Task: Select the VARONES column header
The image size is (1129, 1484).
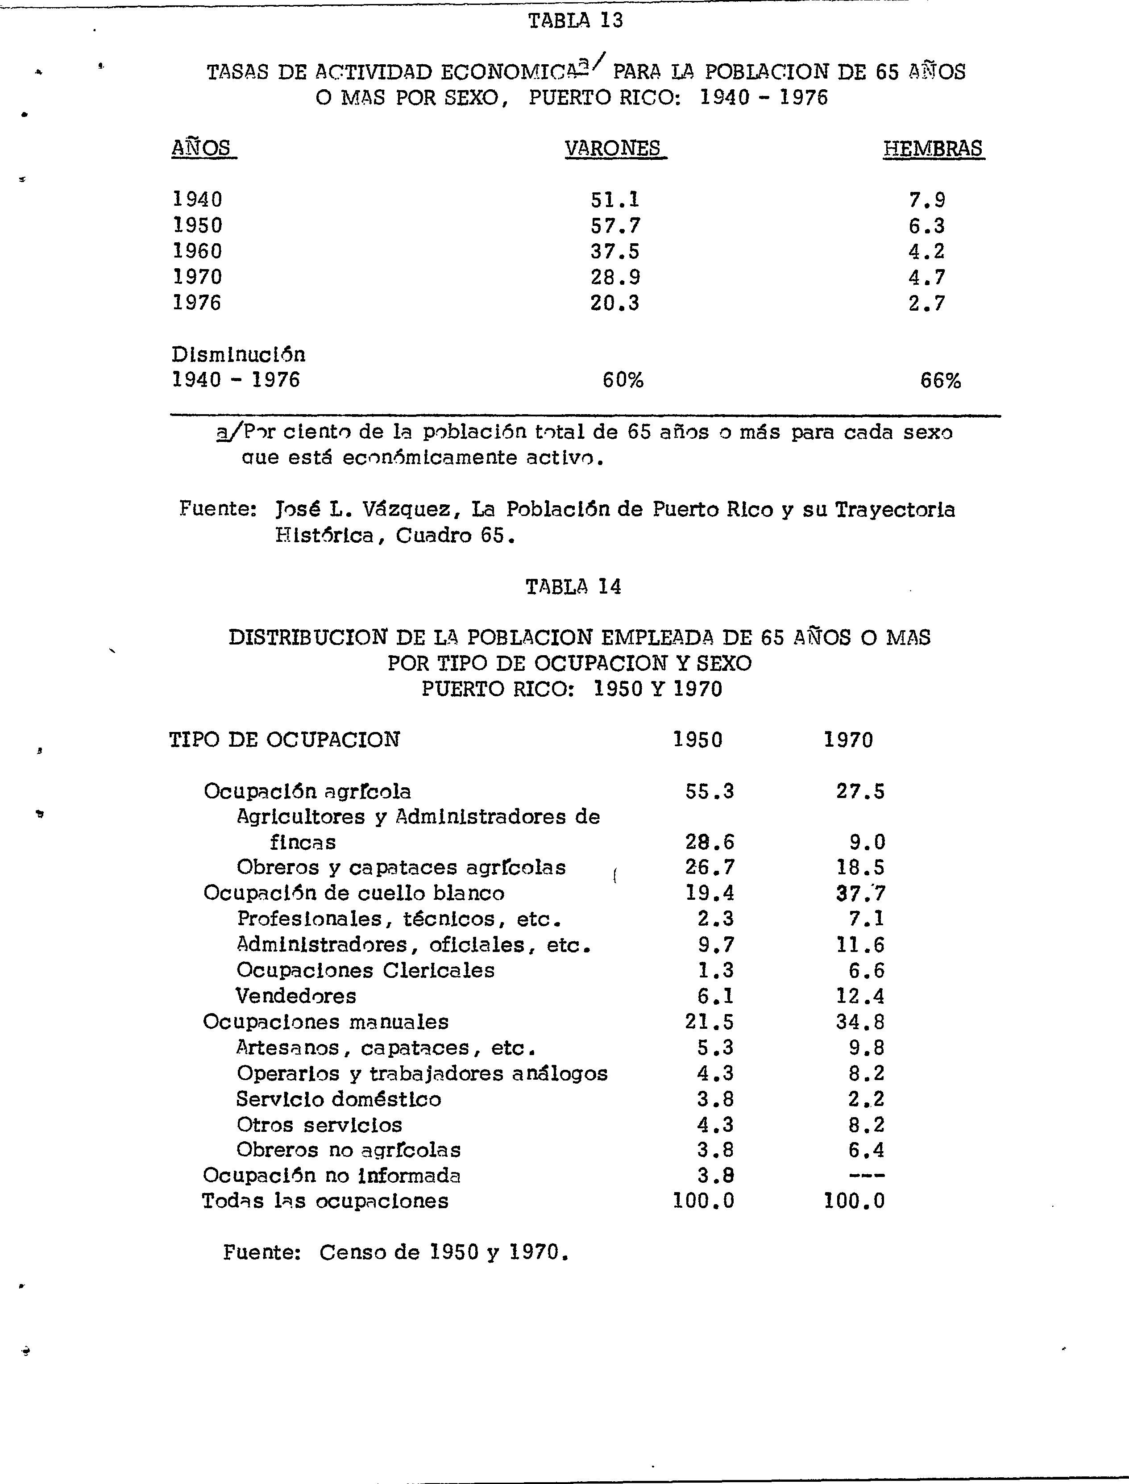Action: tap(613, 148)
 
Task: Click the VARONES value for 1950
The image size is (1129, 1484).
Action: tap(615, 225)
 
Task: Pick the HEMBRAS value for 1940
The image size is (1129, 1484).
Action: tap(927, 200)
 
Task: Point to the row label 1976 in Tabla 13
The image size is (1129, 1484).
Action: tap(197, 303)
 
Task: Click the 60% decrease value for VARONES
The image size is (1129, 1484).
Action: tap(623, 380)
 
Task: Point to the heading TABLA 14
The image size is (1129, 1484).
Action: tap(573, 587)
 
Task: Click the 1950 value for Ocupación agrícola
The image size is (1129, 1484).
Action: tap(710, 791)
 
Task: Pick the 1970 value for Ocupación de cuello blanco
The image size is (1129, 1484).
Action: tap(860, 893)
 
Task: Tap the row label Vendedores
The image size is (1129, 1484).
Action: tap(296, 995)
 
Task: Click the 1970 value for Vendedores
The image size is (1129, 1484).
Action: tap(860, 995)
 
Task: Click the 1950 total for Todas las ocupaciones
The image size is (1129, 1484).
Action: tap(704, 1201)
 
